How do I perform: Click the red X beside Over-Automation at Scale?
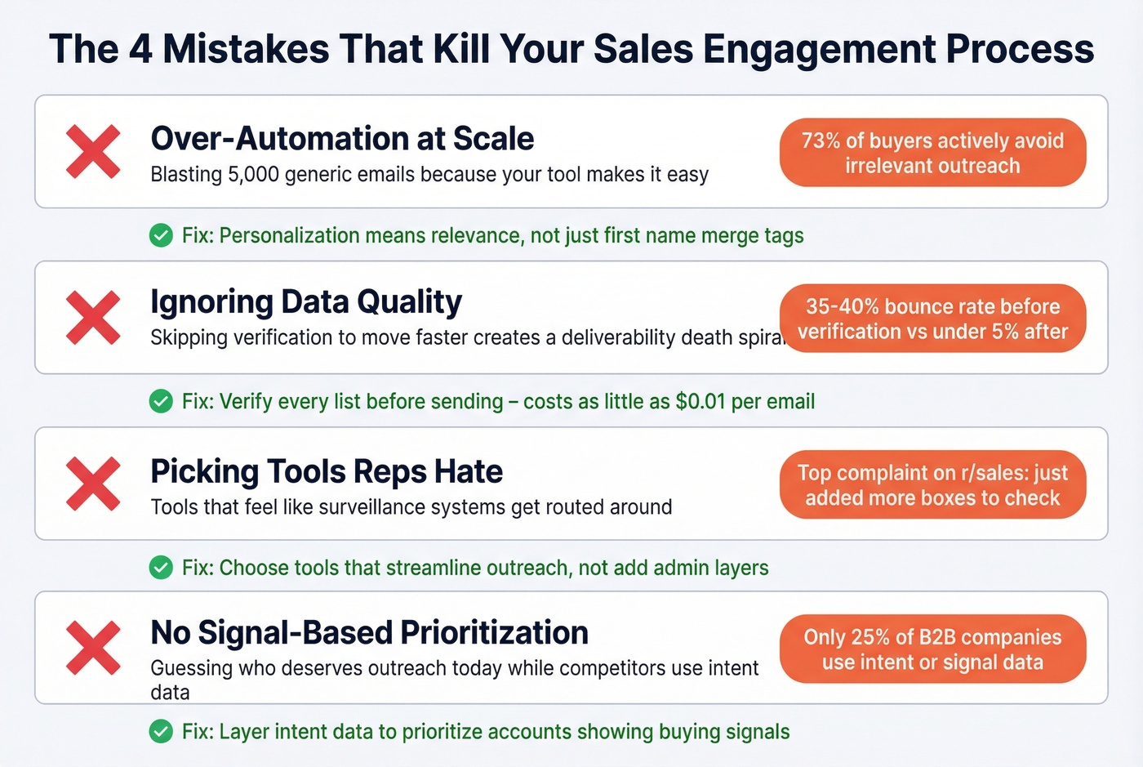(93, 152)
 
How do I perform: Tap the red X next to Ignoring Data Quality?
(93, 317)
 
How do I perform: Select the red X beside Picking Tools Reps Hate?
(93, 484)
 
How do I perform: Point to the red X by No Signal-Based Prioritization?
(93, 648)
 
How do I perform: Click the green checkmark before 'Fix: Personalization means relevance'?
(161, 236)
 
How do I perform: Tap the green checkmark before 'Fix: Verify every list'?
(161, 402)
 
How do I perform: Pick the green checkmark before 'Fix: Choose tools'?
(161, 568)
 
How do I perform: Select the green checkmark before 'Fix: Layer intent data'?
(161, 732)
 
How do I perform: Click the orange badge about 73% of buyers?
(932, 153)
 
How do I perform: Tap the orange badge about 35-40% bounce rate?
(932, 319)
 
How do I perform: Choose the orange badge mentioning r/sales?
(932, 485)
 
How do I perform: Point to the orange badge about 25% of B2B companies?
(932, 649)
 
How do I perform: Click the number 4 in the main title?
(140, 49)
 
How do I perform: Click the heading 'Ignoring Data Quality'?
(306, 302)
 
